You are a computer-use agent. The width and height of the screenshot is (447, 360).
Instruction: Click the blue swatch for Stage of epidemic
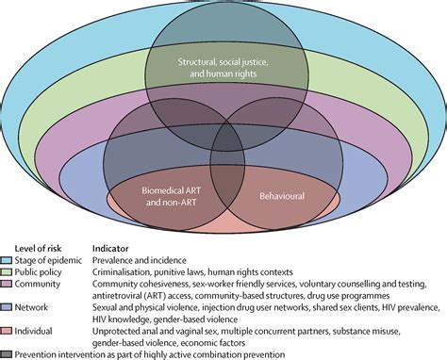[x=8, y=259]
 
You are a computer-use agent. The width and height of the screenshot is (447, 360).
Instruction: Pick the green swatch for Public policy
[x=8, y=271]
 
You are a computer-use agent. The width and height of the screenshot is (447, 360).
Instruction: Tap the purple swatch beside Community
[x=8, y=285]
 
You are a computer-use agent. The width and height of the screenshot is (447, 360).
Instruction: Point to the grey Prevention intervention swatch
[x=8, y=352]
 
